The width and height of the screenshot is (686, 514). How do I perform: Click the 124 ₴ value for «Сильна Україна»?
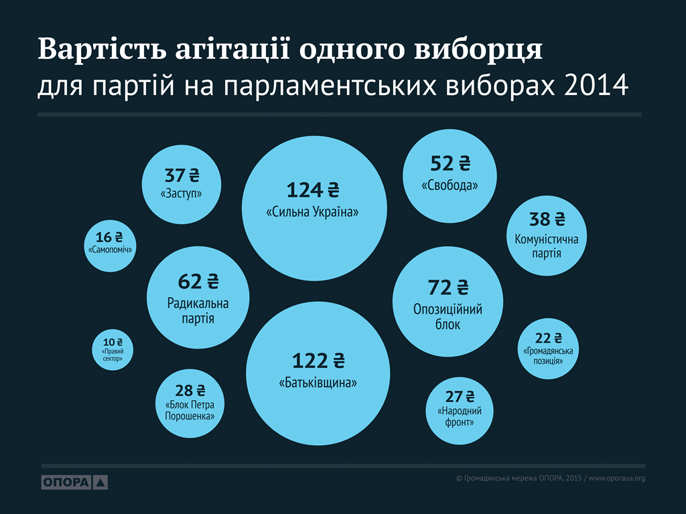(x=314, y=190)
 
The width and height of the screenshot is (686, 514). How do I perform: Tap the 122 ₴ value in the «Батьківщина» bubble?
(x=318, y=361)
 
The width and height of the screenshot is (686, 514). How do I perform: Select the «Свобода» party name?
(x=450, y=186)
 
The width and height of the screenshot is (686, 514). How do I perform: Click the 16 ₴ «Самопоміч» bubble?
(x=109, y=245)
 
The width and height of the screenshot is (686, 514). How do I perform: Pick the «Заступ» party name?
(x=182, y=194)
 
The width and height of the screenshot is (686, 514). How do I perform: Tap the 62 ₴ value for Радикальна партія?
(x=198, y=281)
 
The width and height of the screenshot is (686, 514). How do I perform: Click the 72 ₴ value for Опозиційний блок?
(x=448, y=288)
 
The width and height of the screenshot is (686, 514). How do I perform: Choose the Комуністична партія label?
(x=547, y=246)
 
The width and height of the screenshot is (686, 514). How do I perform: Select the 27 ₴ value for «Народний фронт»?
(x=460, y=396)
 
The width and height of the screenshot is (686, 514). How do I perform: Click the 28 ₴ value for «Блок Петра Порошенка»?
(x=190, y=391)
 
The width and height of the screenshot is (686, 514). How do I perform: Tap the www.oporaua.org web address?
(x=616, y=478)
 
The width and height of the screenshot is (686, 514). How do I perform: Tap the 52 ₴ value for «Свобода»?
(x=450, y=163)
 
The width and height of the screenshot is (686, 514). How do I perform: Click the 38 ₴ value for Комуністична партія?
(x=547, y=220)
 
